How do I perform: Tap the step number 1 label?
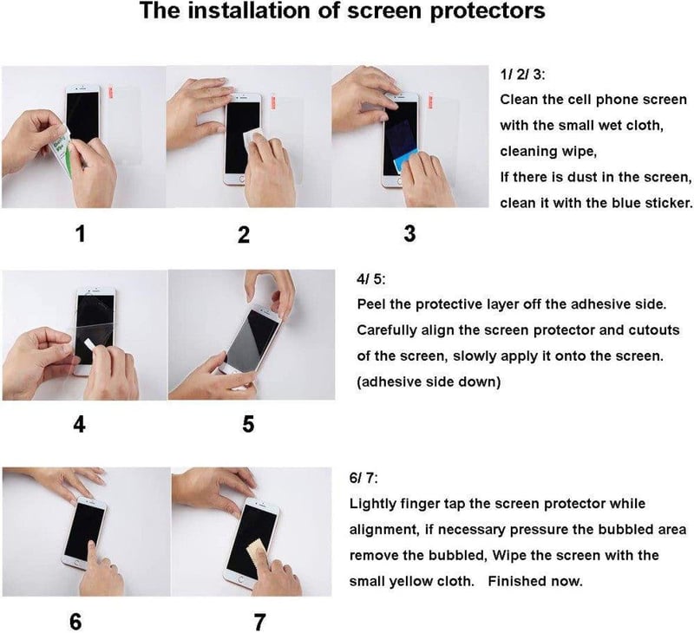(80, 233)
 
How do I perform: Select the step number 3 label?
(409, 233)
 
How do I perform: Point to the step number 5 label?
(248, 424)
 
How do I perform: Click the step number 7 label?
(259, 622)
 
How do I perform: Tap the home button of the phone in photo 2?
(242, 179)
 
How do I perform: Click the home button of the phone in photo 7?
(240, 579)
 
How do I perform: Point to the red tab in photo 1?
(111, 93)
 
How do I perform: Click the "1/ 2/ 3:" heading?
(523, 75)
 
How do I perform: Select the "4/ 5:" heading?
(371, 279)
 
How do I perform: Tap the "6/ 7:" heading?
(363, 478)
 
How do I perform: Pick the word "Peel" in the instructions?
(371, 304)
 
